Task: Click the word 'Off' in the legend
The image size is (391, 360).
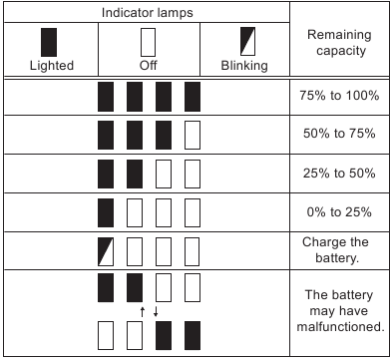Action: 149,67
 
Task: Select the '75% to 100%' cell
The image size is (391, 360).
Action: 339,97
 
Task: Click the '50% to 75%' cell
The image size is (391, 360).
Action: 339,134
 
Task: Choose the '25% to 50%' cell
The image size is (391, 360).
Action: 339,172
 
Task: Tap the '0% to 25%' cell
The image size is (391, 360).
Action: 339,210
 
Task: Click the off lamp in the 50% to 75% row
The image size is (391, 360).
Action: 194,134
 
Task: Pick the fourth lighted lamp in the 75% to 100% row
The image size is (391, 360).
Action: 194,97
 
